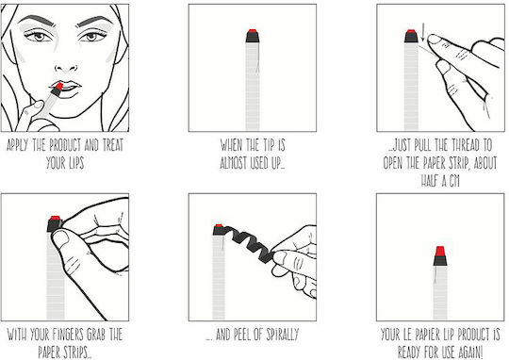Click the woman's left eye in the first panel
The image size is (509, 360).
[91, 36]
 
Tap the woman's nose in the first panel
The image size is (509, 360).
[66, 67]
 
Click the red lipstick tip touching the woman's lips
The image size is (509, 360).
[59, 87]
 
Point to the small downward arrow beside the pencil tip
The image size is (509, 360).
[422, 35]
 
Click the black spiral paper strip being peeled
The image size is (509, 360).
[250, 242]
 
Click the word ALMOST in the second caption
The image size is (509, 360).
[234, 163]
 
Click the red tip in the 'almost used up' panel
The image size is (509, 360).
[253, 31]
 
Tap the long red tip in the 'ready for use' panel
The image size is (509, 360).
[440, 252]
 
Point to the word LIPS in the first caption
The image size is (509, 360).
[74, 163]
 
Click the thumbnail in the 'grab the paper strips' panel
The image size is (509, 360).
[61, 237]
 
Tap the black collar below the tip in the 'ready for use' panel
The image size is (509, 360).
[440, 261]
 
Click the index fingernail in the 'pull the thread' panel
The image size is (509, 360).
[434, 40]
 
